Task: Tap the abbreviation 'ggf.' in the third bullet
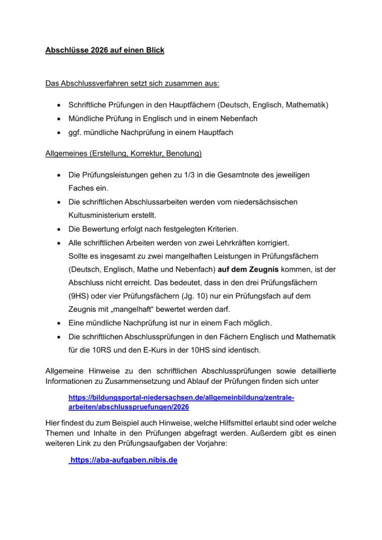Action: pyautogui.click(x=75, y=132)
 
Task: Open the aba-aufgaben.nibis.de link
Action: pyautogui.click(x=123, y=460)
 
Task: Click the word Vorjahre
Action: pyautogui.click(x=207, y=443)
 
